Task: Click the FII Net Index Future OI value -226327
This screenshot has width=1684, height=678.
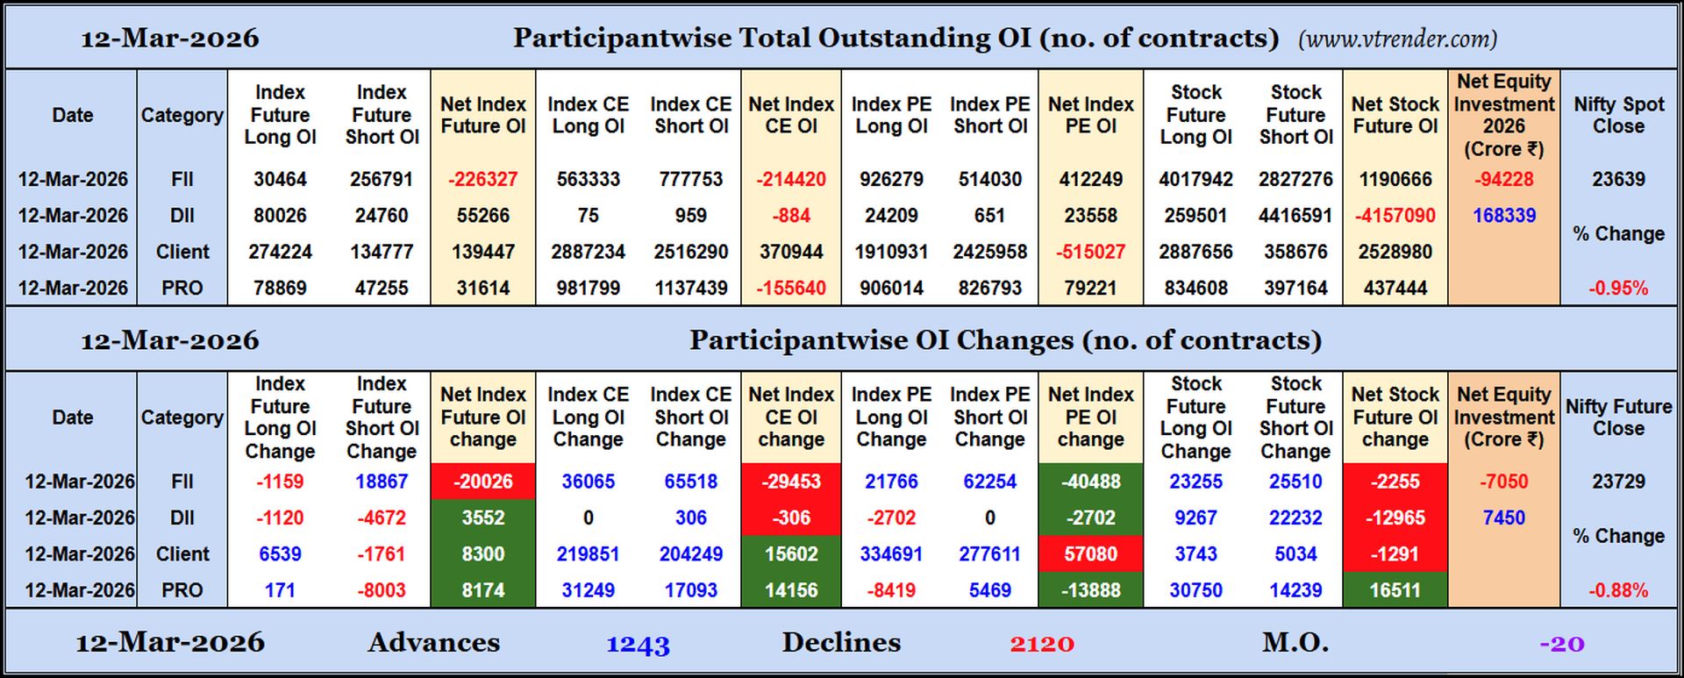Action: [x=482, y=179]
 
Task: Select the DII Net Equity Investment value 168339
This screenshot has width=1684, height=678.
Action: [x=1503, y=216]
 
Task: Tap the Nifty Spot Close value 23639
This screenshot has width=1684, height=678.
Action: [x=1618, y=179]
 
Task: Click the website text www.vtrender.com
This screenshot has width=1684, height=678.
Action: [x=1398, y=39]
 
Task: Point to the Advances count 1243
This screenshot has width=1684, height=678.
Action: [x=638, y=644]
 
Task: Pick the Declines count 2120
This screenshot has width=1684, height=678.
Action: [x=1041, y=644]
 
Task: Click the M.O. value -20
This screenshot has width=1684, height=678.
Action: [x=1562, y=644]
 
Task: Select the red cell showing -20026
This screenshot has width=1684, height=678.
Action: [x=482, y=482]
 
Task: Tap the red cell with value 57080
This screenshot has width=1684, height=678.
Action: [x=1090, y=554]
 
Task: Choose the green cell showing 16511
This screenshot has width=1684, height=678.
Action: [x=1395, y=590]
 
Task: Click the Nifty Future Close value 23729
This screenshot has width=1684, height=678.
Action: [x=1618, y=482]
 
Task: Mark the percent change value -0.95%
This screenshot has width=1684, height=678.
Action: [x=1618, y=288]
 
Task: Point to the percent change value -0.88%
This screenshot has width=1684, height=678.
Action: [x=1618, y=590]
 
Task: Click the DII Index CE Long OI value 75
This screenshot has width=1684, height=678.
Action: [x=588, y=216]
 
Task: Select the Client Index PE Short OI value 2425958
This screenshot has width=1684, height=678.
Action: [x=989, y=252]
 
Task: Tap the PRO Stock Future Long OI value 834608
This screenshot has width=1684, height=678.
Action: [x=1195, y=288]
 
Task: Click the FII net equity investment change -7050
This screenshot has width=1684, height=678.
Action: [x=1503, y=482]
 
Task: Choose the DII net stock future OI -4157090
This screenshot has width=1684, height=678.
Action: [x=1395, y=216]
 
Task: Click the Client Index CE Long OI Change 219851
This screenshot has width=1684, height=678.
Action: [x=588, y=554]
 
